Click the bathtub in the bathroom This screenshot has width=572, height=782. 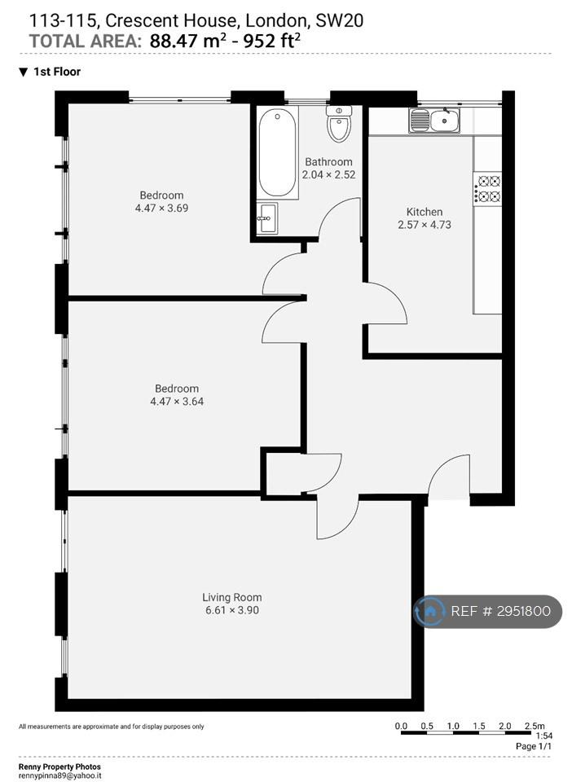point(277,152)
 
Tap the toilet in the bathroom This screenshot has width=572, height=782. point(339,123)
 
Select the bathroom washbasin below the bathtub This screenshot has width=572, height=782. point(267,217)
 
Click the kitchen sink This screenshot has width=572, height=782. point(434,121)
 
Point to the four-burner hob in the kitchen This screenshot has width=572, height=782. point(487,188)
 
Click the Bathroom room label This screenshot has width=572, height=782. point(328,161)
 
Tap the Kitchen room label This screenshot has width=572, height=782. point(425,212)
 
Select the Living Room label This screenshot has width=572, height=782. point(232,597)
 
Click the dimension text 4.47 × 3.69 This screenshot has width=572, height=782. point(161,208)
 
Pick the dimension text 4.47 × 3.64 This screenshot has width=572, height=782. point(177,401)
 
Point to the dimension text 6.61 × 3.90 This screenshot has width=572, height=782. point(232,610)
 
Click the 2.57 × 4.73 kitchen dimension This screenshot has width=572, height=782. point(425,225)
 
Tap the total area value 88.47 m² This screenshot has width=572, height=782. point(185,41)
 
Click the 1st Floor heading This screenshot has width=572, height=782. point(57,72)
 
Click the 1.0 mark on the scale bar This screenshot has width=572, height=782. point(453,726)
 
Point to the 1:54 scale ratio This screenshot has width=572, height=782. point(543,736)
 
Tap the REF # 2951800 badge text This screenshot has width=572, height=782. point(500,611)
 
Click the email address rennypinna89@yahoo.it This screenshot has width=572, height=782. point(59,776)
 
